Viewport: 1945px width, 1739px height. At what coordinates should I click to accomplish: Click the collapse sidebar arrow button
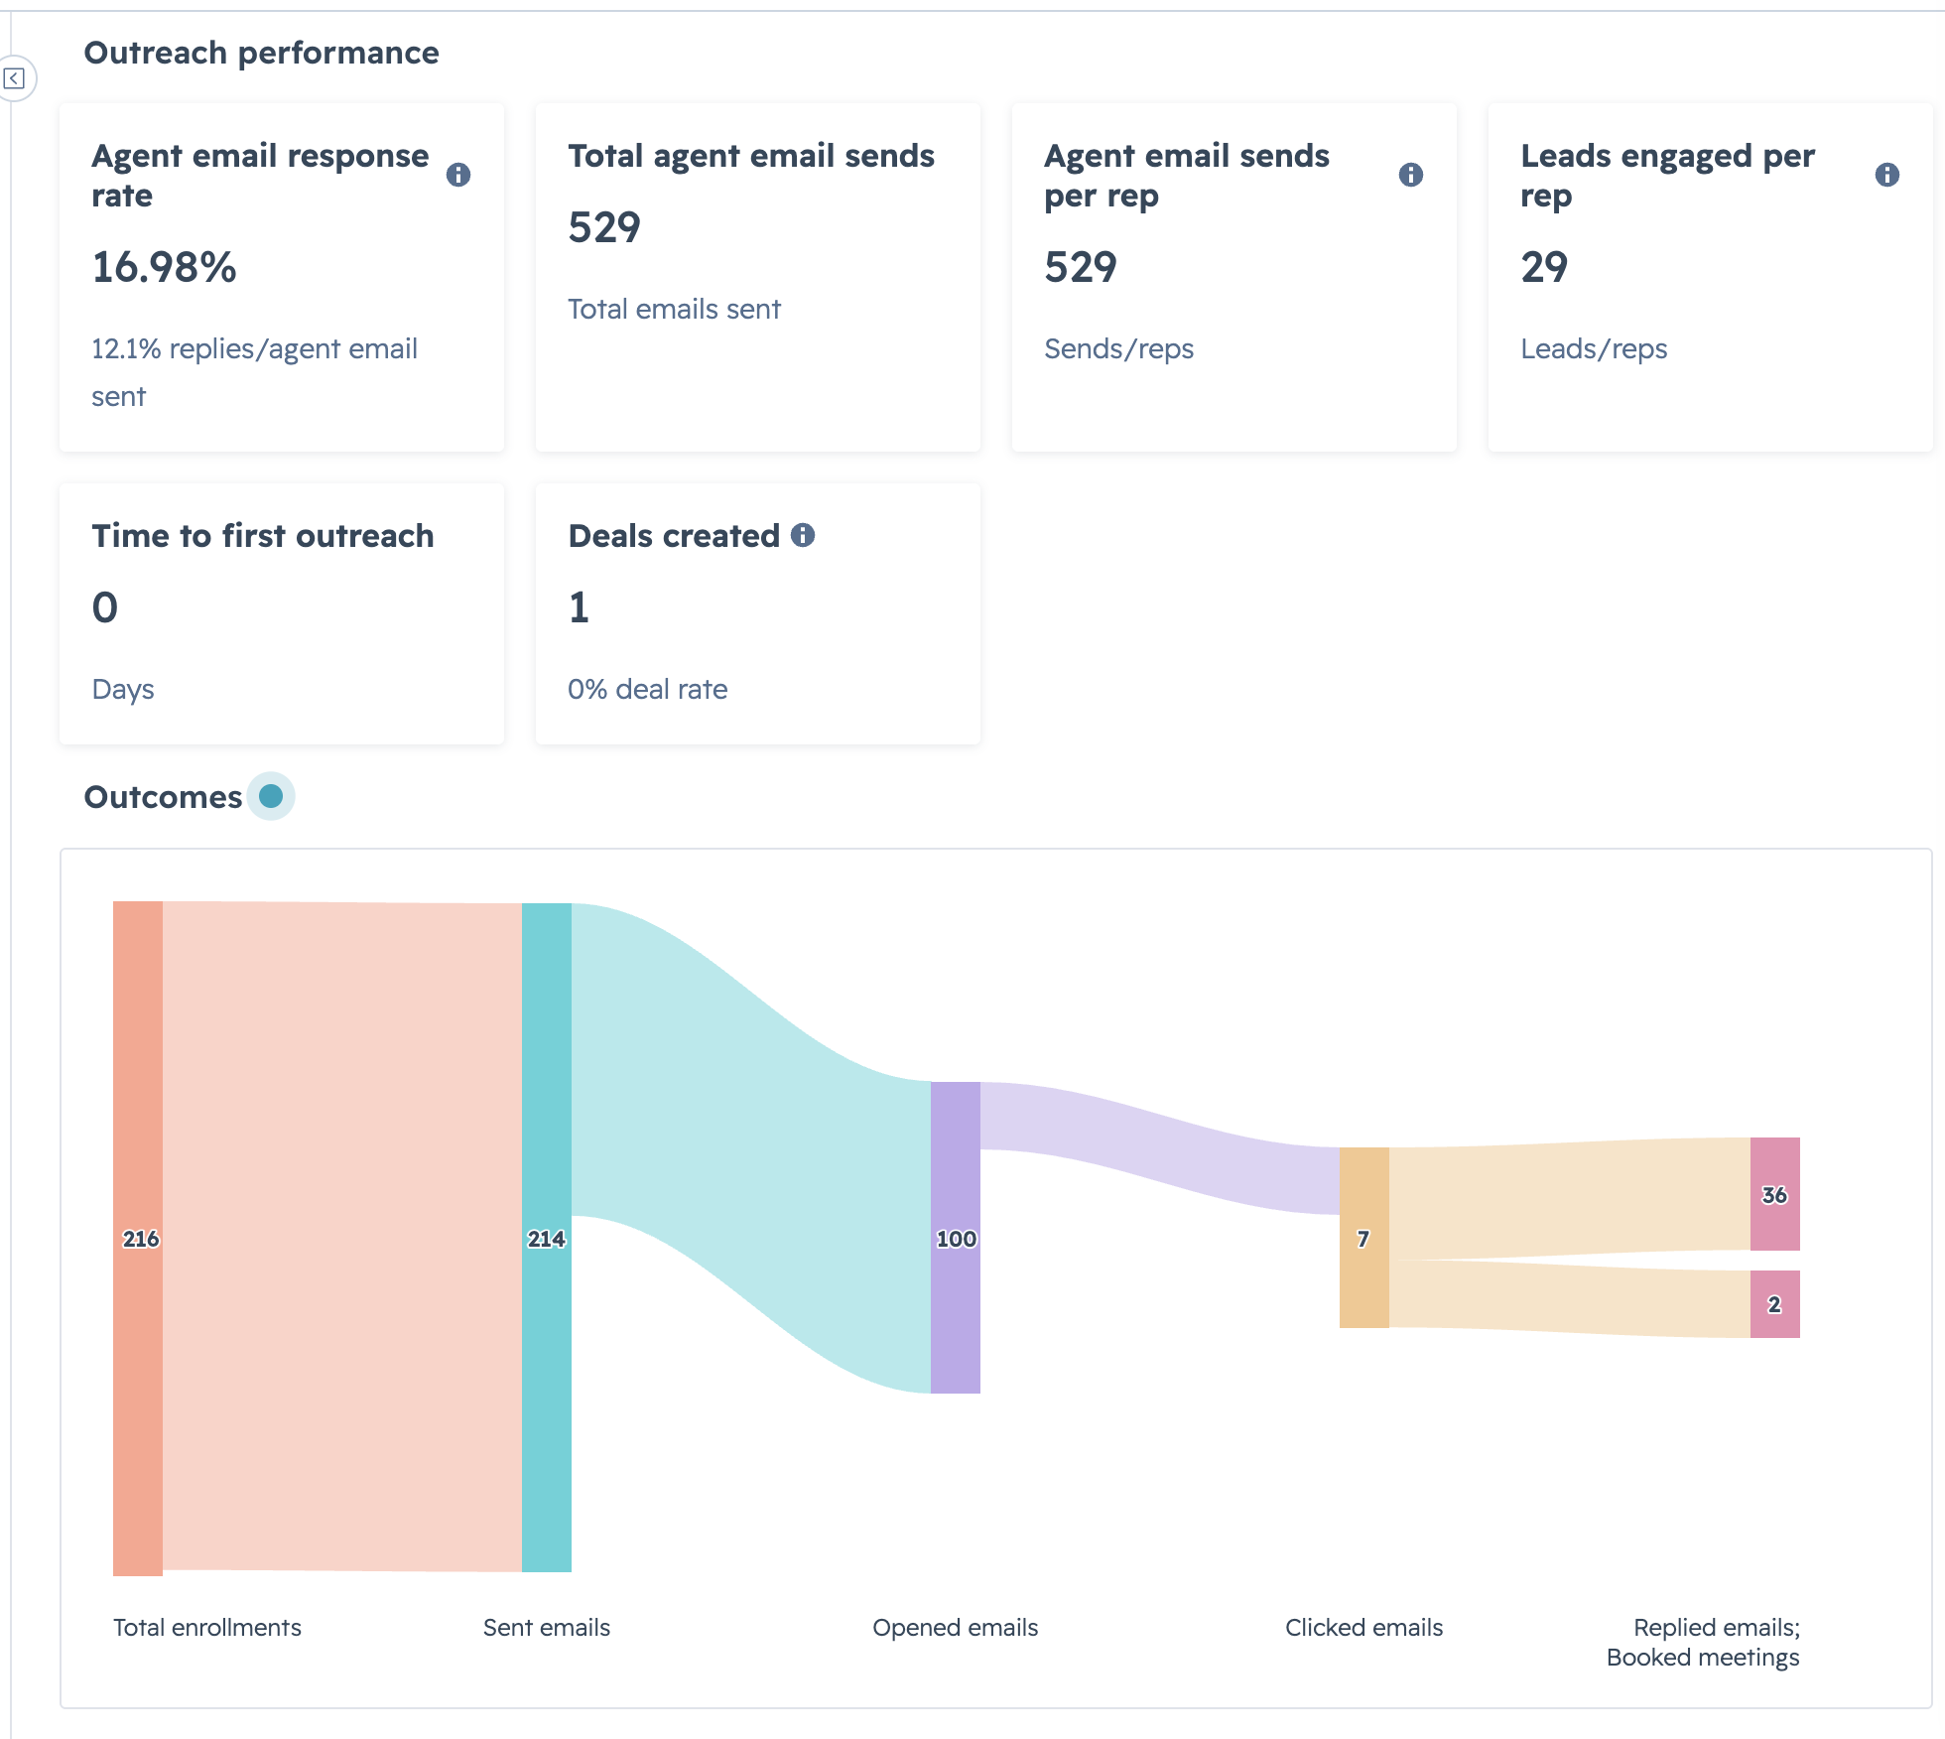pos(14,78)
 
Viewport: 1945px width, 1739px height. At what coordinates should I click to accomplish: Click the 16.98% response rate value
pos(165,267)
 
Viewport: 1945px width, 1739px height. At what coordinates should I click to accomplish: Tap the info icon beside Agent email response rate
pos(458,175)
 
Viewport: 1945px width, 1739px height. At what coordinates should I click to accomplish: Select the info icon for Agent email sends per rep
pos(1411,175)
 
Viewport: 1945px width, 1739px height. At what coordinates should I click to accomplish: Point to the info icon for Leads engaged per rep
pos(1887,175)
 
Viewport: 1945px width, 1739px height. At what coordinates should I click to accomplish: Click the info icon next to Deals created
pos(803,535)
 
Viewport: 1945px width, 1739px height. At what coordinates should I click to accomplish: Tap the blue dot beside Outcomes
pos(271,796)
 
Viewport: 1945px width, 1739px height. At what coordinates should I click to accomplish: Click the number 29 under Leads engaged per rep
pos(1544,267)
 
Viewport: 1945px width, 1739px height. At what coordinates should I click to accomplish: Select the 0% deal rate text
pos(648,689)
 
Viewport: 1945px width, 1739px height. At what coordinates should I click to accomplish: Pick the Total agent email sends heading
pos(751,156)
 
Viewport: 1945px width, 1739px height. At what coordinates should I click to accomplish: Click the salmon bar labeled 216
pos(138,1239)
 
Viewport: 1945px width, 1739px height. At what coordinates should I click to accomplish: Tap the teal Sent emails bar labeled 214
pos(547,1238)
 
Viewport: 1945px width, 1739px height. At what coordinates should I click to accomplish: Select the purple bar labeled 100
pos(956,1238)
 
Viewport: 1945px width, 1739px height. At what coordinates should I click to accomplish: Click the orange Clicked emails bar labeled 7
pos(1364,1238)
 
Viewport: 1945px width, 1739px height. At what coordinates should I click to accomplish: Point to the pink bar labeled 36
pos(1775,1194)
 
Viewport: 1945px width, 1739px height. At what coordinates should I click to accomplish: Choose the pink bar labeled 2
pos(1775,1304)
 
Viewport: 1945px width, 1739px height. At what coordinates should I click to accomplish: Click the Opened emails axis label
pos(956,1628)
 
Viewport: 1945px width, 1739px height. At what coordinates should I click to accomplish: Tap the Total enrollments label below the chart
pos(207,1628)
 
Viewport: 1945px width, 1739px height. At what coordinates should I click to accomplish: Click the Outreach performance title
pos(262,53)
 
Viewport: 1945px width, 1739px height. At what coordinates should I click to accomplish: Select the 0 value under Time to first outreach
pos(105,607)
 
